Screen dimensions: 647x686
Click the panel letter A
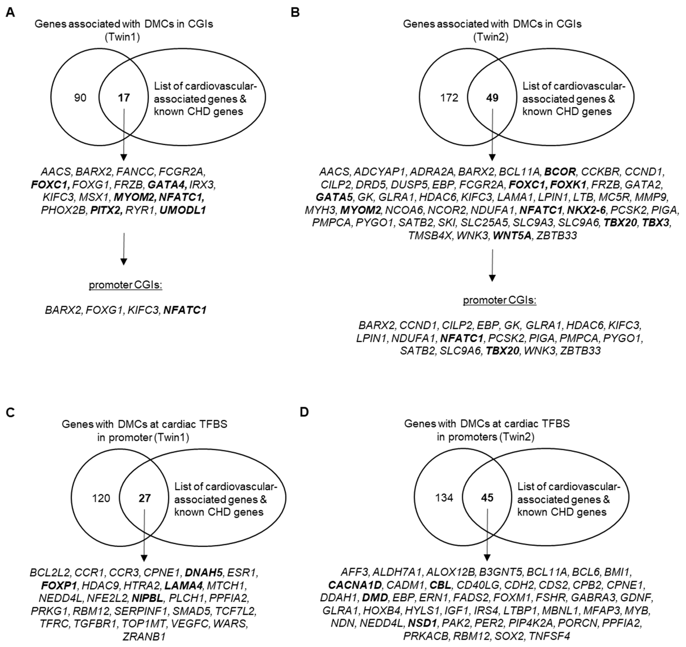(x=10, y=13)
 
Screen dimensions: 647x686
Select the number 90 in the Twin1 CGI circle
(x=80, y=98)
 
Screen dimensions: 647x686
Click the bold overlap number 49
(x=492, y=98)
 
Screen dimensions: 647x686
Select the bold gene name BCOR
(x=560, y=171)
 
